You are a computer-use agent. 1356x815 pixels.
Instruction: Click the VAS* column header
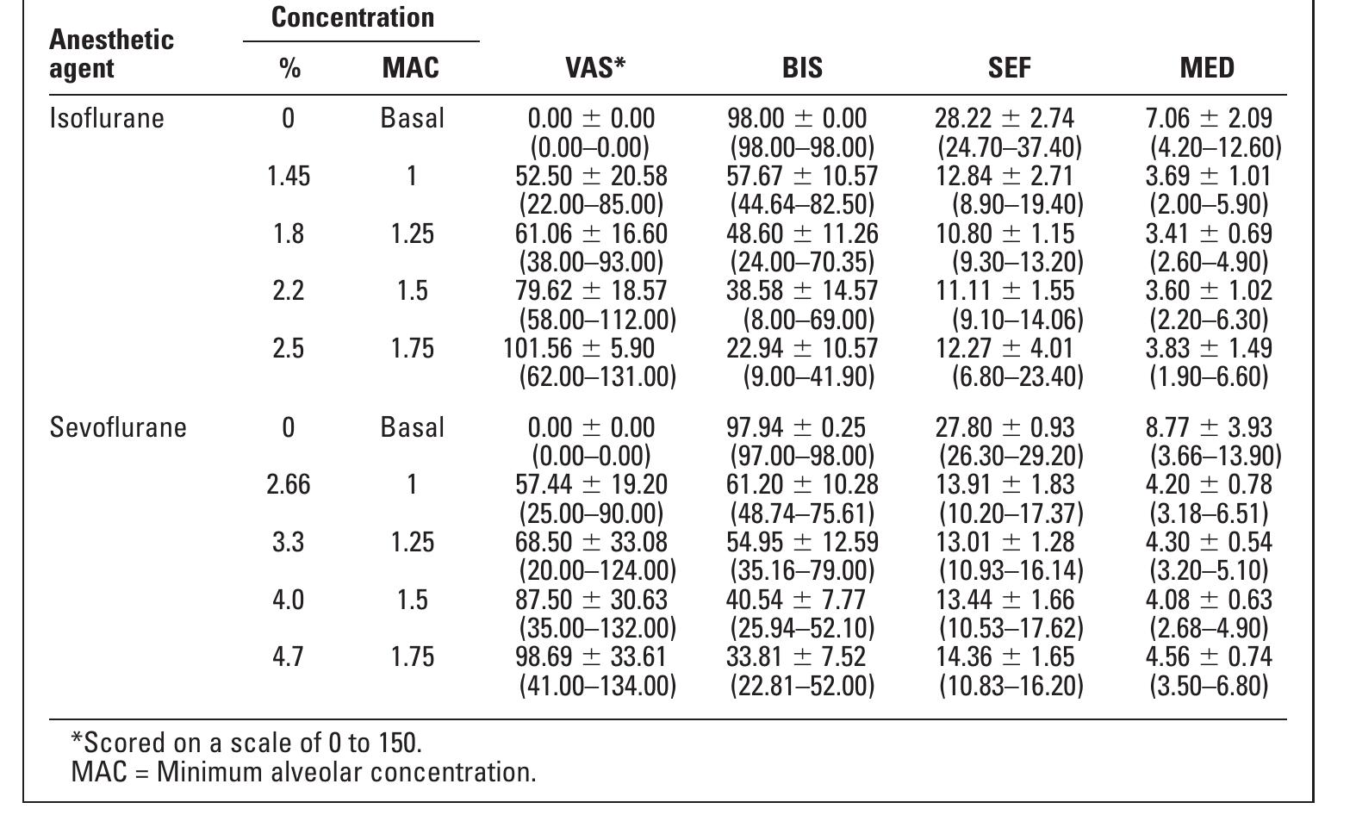pos(595,68)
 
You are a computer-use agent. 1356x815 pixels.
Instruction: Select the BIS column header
pos(802,68)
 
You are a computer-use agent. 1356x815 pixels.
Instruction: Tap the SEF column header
pos(1009,68)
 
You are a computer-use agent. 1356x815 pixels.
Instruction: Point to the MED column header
pos(1207,68)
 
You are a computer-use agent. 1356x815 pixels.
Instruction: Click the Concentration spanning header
pos(353,17)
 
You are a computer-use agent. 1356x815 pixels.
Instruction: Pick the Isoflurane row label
pos(107,118)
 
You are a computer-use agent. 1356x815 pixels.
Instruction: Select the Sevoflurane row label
pos(118,427)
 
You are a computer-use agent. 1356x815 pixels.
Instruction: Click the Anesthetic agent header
pos(111,53)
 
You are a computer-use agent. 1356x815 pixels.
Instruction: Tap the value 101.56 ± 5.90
pos(579,348)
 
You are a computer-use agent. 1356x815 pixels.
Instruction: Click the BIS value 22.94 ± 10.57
pos(802,348)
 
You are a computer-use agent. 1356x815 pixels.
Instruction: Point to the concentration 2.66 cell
pos(288,484)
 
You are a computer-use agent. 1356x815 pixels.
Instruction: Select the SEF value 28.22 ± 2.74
pos(1005,118)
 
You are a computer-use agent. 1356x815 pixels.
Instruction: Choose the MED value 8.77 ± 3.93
pos(1208,427)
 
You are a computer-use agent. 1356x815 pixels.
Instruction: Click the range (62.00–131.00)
pos(597,376)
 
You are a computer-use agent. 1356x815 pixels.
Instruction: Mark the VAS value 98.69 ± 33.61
pos(591,656)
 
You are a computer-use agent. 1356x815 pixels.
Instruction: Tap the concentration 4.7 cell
pos(288,656)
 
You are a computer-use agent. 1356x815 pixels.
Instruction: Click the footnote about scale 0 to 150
pos(246,742)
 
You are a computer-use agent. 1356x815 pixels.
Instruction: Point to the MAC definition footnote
pos(303,771)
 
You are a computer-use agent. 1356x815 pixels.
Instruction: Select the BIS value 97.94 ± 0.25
pos(796,427)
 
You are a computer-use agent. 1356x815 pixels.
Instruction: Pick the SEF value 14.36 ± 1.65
pos(1005,656)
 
